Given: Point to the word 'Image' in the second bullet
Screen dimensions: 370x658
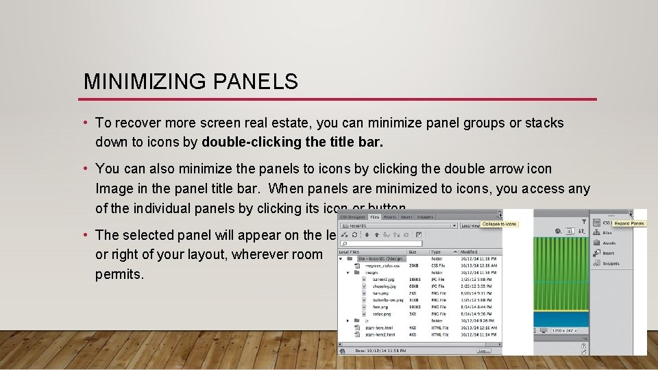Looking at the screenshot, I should [114, 188].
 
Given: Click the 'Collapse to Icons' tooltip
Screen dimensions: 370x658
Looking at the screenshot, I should [499, 224].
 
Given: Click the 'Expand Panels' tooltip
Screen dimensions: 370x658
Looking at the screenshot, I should [629, 223].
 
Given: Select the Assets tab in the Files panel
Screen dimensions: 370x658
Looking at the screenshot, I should [389, 217].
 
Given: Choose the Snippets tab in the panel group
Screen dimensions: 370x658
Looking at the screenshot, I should [424, 217].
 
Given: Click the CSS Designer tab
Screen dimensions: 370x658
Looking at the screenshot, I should [352, 217].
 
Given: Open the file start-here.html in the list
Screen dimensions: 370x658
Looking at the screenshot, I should [381, 327].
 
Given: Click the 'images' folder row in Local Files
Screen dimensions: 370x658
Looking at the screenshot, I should [372, 273].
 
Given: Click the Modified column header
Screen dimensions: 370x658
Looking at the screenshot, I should [470, 252].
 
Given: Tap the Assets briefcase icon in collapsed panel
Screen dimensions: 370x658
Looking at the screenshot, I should [598, 243].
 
